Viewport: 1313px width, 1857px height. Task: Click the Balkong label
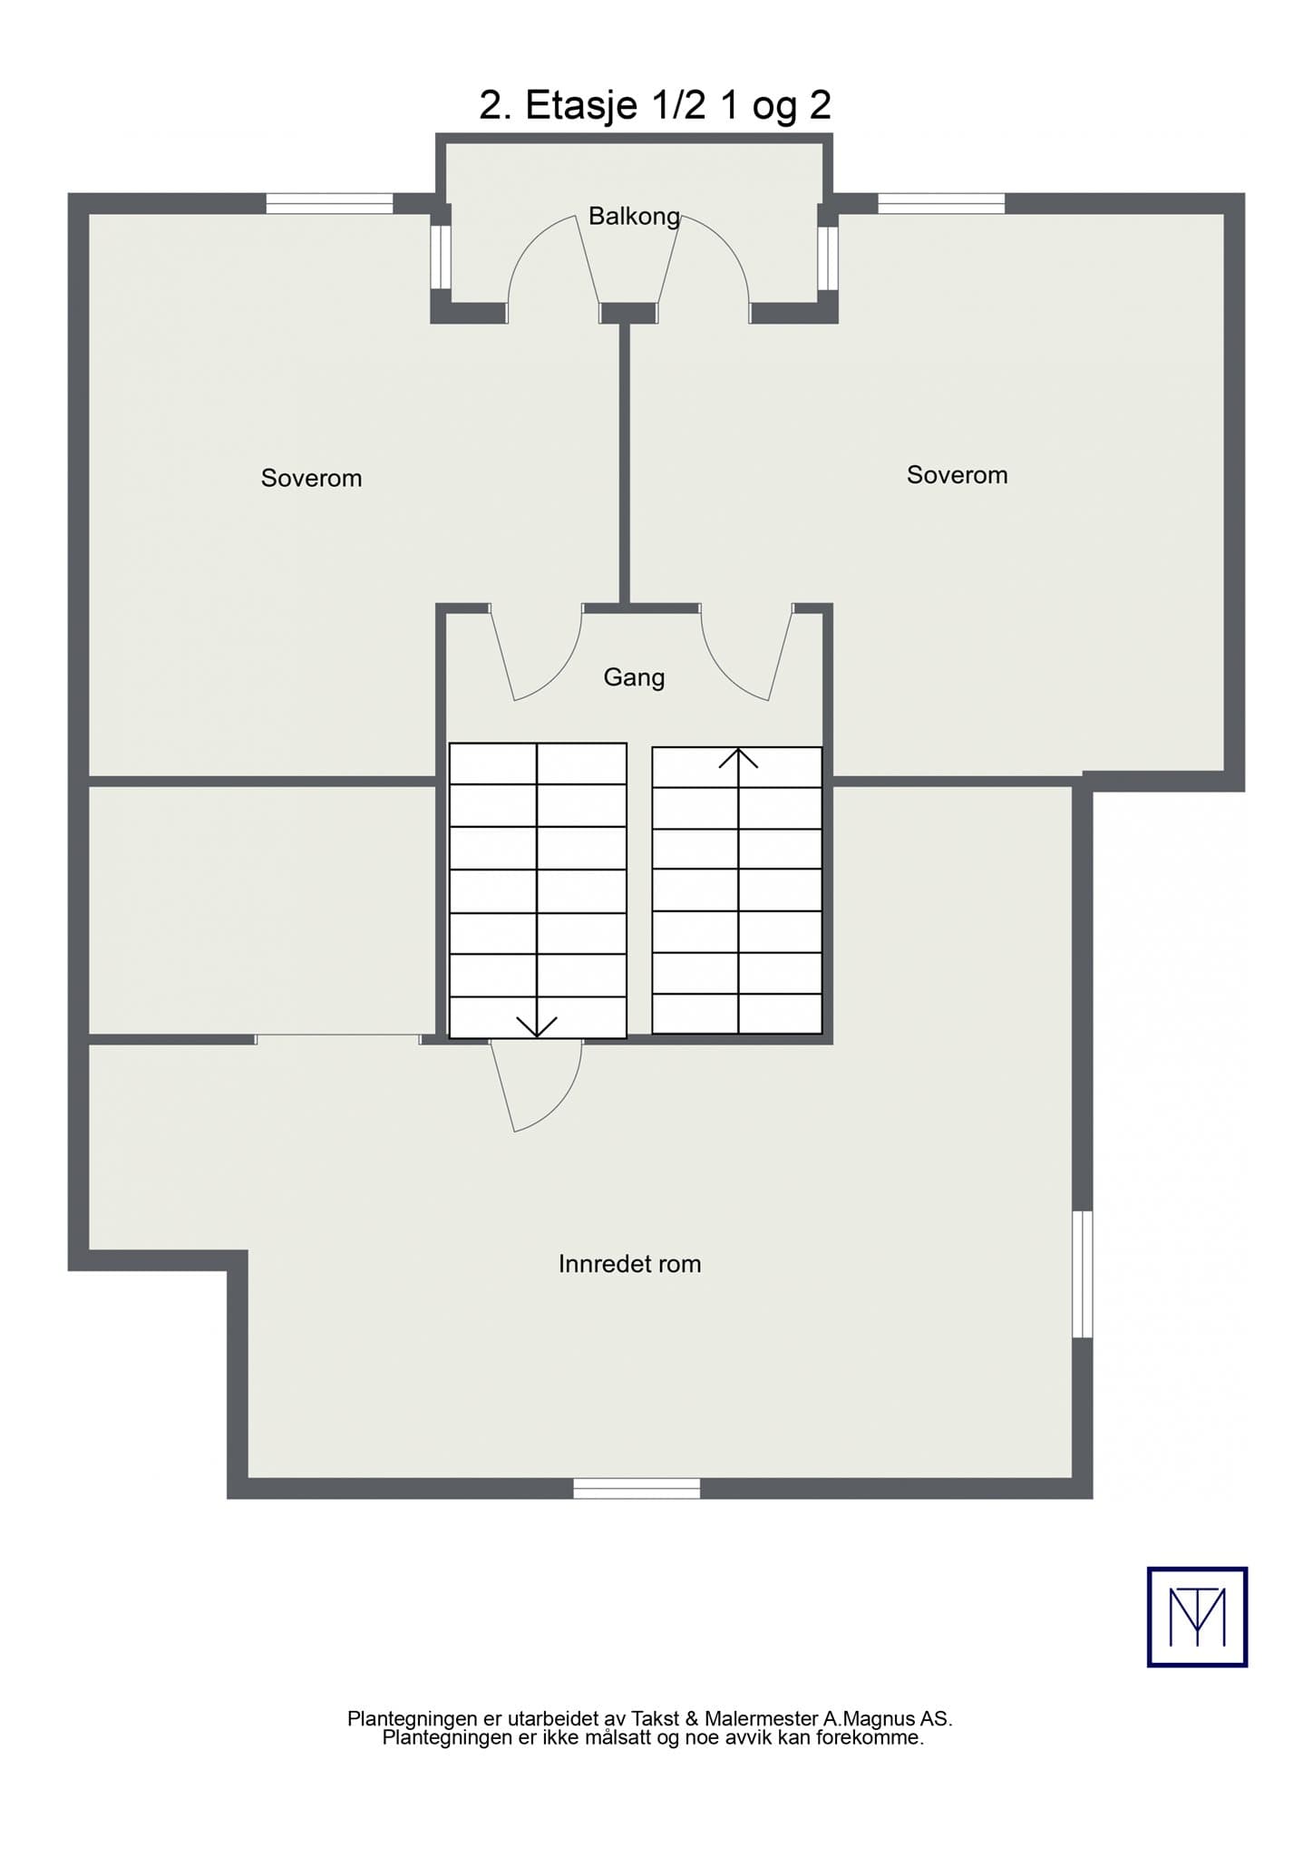coord(634,217)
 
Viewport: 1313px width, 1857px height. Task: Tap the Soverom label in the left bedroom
coord(311,478)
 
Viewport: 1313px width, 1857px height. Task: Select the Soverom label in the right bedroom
coord(957,475)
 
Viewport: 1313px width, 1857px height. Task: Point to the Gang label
coord(634,677)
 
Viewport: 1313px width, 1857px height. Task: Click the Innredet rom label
coord(629,1263)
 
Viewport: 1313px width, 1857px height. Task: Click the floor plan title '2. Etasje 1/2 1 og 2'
coord(655,105)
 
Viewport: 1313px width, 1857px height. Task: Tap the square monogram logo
coord(1197,1617)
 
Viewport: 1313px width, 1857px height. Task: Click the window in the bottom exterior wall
coord(637,1488)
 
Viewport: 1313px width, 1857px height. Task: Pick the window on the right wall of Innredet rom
coord(1083,1274)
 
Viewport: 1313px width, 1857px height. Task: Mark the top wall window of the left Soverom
coord(329,203)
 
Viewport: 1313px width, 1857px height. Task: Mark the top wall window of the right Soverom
coord(941,203)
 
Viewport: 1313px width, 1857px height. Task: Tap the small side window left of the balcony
coord(441,257)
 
